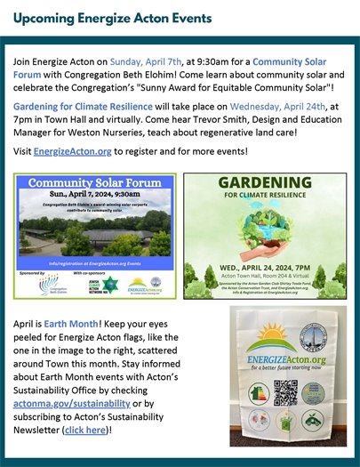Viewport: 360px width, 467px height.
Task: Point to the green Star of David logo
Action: click(111, 285)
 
